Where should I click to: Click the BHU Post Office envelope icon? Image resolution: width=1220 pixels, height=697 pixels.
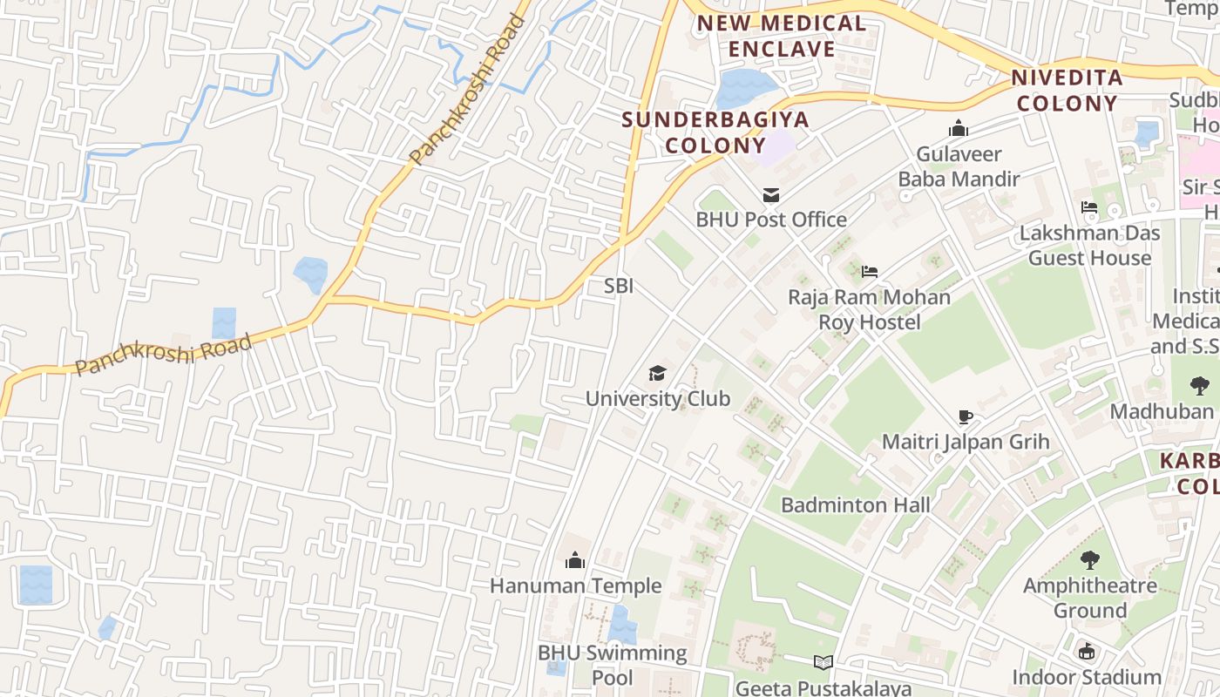[x=770, y=194]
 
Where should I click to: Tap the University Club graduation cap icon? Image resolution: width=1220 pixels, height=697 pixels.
[x=657, y=374]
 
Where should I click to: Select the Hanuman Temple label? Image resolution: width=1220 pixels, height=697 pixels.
[x=575, y=585]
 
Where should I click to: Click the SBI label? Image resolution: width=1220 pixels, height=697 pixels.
[x=619, y=286]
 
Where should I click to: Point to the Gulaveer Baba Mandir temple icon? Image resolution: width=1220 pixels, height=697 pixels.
[x=959, y=129]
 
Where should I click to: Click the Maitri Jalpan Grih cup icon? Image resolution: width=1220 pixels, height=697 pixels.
[x=965, y=416]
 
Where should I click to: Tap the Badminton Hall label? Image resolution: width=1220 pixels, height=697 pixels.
[x=855, y=505]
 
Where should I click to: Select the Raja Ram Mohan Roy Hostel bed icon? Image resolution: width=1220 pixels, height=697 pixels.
[x=869, y=272]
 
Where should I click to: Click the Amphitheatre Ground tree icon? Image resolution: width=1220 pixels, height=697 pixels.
[x=1089, y=560]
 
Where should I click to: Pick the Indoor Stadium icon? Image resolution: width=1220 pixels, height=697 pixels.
[x=1087, y=652]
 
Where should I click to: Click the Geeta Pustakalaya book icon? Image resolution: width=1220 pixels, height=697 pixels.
[x=823, y=663]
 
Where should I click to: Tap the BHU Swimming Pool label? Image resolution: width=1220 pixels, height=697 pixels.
[x=612, y=665]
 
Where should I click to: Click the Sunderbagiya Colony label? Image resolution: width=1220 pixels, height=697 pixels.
[x=715, y=132]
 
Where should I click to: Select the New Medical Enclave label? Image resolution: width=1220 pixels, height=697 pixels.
[x=782, y=37]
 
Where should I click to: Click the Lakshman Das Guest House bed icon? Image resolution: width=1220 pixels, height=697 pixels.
[x=1089, y=207]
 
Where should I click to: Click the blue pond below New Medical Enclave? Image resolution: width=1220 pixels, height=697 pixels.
[x=746, y=88]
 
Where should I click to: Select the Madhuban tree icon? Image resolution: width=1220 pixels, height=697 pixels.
[x=1199, y=386]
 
